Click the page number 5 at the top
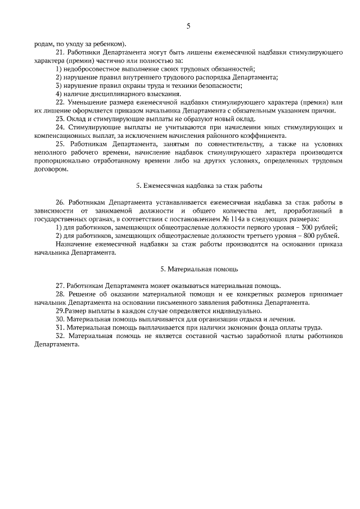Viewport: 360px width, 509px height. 188,26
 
